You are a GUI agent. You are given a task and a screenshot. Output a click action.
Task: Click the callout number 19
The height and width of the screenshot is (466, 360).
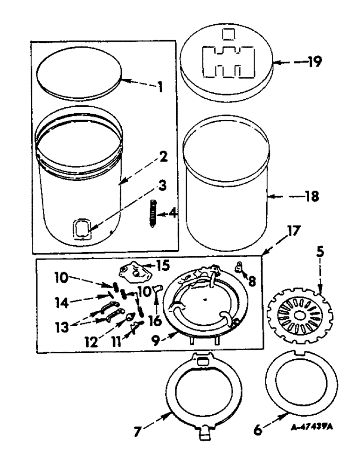(x=314, y=62)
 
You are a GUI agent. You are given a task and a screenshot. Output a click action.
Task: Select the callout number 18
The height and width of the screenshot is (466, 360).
(x=312, y=197)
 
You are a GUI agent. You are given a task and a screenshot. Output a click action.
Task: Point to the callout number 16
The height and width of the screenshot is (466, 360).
(x=153, y=321)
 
